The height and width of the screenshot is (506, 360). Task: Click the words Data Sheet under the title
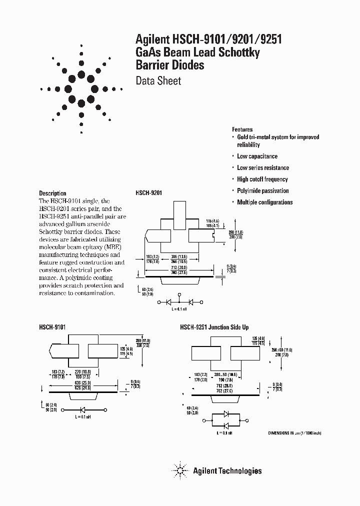[x=158, y=81]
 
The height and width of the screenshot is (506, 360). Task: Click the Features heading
[x=242, y=129]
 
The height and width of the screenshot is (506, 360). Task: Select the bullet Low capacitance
[x=257, y=156]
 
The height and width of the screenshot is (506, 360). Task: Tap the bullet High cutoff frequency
[x=262, y=179]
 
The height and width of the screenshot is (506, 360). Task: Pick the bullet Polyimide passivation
[x=262, y=191]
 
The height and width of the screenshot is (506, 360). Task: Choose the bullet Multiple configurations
[x=264, y=202]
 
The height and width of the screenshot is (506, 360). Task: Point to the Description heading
[x=52, y=193]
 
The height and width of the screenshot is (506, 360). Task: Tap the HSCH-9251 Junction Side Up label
[x=214, y=326]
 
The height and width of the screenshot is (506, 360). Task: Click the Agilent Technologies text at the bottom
[x=227, y=470]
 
